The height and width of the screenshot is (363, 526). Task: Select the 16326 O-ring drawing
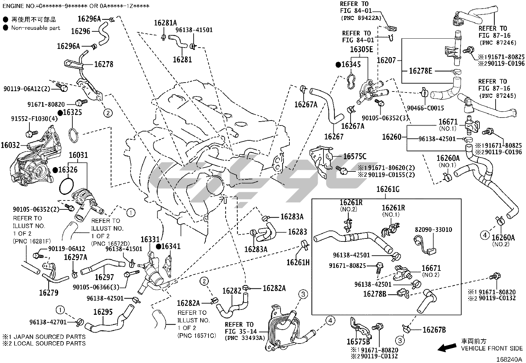point(66,186)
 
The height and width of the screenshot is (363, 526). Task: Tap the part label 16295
point(103,312)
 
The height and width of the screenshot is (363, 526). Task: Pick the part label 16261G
point(388,189)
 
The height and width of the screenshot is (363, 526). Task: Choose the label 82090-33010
point(433,230)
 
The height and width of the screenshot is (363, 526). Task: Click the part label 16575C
point(355,157)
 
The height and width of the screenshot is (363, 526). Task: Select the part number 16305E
point(361,50)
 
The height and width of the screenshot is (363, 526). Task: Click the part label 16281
point(182,60)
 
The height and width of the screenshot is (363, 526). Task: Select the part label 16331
point(150,239)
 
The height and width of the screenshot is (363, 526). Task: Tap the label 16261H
point(298,262)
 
